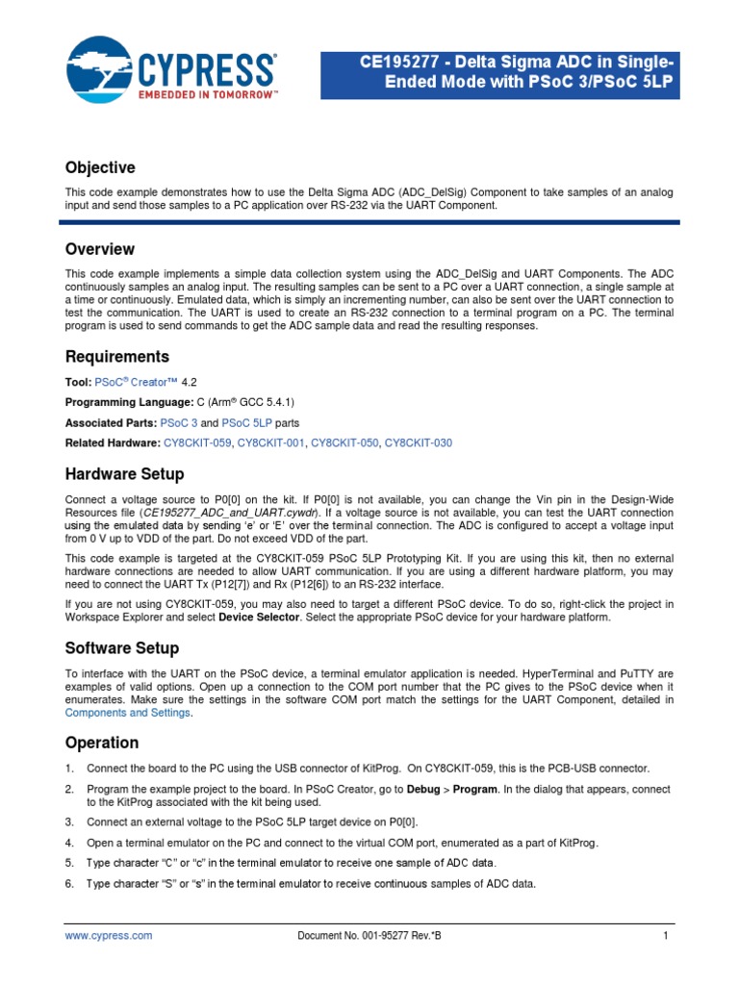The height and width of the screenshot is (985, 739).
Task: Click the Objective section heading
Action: [100, 168]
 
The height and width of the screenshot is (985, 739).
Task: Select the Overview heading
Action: [99, 249]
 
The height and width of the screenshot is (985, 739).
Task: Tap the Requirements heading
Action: [116, 357]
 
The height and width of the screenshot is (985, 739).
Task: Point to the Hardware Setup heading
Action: [124, 474]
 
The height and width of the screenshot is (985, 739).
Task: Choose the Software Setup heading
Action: [121, 648]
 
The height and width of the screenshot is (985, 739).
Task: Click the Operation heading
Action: [101, 743]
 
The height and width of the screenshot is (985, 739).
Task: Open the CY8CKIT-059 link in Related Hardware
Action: [197, 442]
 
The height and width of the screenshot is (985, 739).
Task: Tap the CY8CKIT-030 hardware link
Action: [419, 442]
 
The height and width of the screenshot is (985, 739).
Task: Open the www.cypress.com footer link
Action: [108, 935]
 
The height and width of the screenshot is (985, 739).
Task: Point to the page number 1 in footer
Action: [665, 935]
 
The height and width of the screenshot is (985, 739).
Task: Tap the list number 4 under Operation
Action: [69, 843]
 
